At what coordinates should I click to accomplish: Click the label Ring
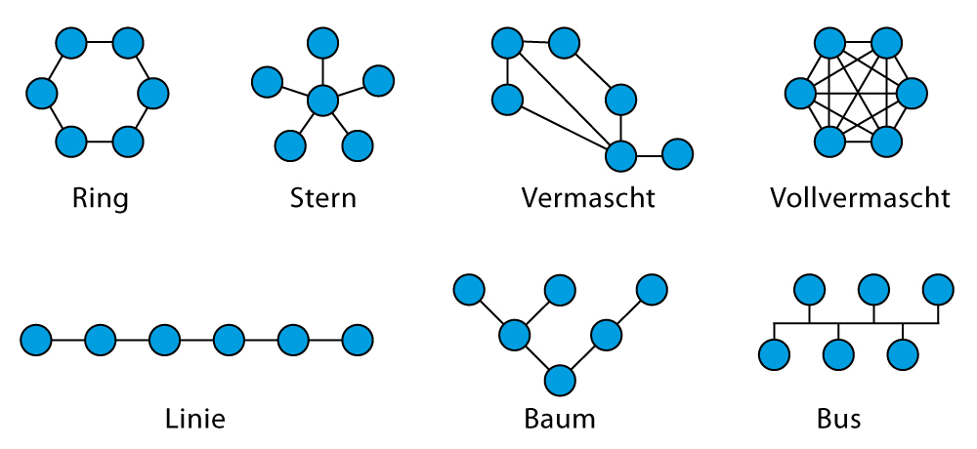(100, 199)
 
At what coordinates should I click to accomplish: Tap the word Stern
(323, 199)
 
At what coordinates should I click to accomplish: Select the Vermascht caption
(588, 199)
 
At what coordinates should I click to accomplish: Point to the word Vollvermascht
(860, 199)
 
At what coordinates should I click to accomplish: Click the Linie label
(195, 420)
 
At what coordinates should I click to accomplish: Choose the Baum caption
(559, 420)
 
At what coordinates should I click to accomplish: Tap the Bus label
(838, 420)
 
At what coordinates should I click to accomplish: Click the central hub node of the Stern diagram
(322, 100)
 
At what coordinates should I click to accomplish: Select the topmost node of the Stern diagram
(322, 43)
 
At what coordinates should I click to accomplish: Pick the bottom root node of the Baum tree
(559, 379)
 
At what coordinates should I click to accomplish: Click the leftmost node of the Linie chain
(36, 340)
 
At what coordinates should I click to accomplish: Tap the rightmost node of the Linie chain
(358, 340)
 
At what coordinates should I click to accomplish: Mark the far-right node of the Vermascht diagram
(677, 154)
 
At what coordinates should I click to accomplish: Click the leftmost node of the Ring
(41, 93)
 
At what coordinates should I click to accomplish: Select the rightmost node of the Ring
(154, 93)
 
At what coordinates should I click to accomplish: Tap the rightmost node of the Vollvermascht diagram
(912, 94)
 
